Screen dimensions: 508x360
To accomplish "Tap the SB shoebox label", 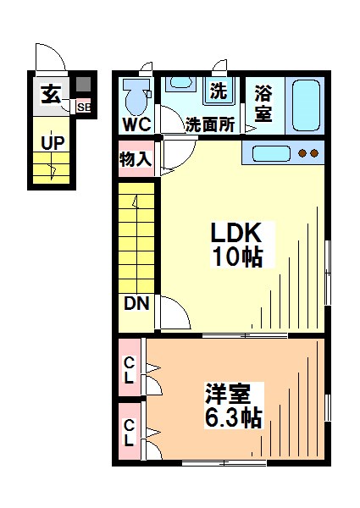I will coord(83,107).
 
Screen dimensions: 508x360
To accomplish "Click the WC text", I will coord(136,125).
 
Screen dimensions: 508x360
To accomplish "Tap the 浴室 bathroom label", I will coord(263,103).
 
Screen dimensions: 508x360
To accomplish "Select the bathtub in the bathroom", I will coord(303,105).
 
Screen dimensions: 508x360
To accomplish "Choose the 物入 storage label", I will coord(136,158).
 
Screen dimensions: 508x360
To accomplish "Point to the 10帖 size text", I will coord(239,257).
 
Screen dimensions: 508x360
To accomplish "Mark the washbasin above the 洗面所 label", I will coord(180,86).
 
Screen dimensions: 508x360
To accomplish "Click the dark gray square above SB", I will coord(83,86).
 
